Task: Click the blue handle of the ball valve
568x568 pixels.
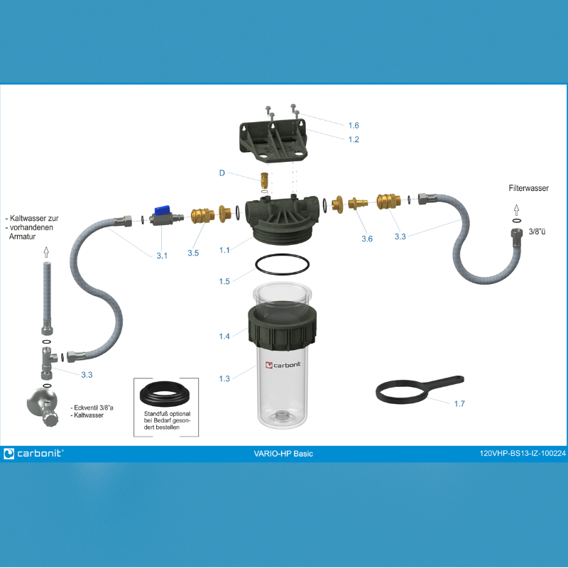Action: (162, 210)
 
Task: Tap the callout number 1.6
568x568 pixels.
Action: (354, 126)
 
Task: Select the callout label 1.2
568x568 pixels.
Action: (354, 139)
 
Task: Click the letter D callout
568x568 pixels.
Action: (222, 173)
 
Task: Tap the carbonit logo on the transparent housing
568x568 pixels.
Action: (283, 365)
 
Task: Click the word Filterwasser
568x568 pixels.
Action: (528, 188)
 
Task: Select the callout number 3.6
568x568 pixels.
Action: (367, 239)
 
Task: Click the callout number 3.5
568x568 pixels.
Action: (193, 253)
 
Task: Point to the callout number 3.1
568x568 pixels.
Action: (162, 256)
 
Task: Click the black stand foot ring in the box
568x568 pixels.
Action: (165, 394)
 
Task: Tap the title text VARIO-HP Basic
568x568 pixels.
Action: (283, 454)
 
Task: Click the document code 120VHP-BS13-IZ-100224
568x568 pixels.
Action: (523, 454)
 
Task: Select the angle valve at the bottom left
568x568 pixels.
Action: (43, 407)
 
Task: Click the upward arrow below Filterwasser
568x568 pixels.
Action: (517, 210)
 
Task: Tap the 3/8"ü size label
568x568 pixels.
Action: (537, 232)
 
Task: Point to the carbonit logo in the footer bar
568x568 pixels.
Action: (33, 454)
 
